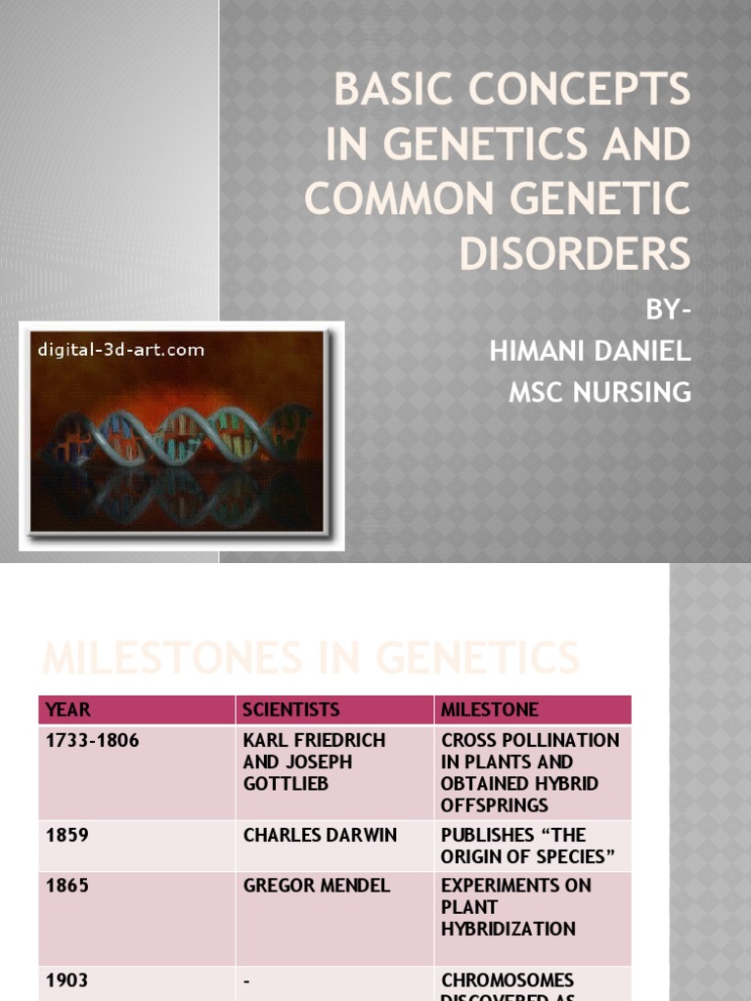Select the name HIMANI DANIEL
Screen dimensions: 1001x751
tap(590, 352)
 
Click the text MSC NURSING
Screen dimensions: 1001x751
tap(599, 392)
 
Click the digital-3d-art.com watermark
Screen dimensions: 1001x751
tap(120, 349)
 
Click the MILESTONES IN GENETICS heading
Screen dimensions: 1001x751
tap(310, 657)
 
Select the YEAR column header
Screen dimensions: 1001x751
tap(67, 710)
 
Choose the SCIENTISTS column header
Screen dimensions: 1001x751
tap(291, 710)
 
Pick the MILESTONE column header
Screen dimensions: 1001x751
tap(490, 710)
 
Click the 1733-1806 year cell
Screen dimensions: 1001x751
tap(93, 741)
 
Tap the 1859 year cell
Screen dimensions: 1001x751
tap(67, 835)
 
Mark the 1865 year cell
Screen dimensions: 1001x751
tap(67, 886)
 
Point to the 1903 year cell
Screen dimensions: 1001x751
tap(67, 979)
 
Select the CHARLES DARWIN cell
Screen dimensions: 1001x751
tap(320, 835)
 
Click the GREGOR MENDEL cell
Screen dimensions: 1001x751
tap(316, 886)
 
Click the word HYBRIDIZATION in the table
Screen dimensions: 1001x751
tap(508, 929)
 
